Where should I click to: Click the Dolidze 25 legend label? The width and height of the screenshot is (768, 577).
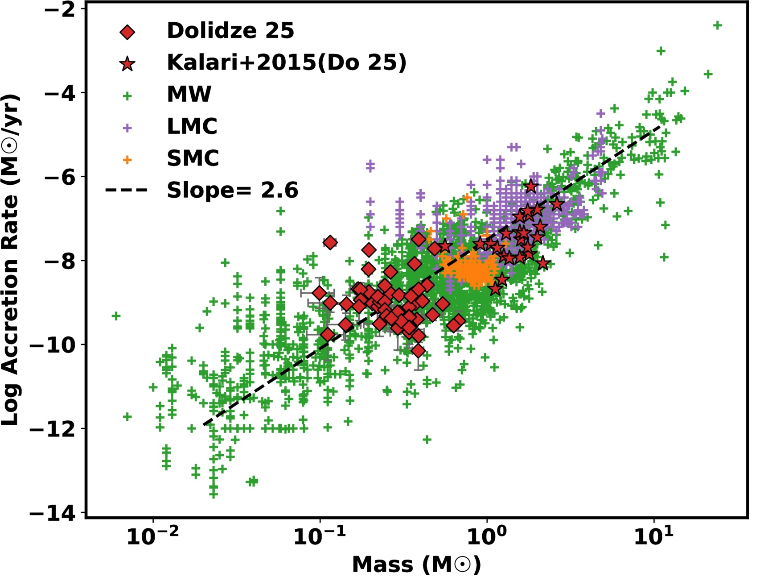click(x=230, y=31)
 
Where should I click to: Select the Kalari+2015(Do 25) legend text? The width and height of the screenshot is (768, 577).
click(x=287, y=63)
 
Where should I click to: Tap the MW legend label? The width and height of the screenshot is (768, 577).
click(x=189, y=95)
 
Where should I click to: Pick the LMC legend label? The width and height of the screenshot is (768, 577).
click(x=192, y=127)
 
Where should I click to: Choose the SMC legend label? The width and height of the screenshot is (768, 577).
click(x=193, y=158)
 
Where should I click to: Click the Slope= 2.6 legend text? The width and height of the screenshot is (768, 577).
click(x=232, y=191)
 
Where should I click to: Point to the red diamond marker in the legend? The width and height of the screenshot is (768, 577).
click(x=127, y=32)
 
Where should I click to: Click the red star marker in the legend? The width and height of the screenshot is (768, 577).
click(x=127, y=64)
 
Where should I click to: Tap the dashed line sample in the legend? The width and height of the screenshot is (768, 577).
click(x=126, y=191)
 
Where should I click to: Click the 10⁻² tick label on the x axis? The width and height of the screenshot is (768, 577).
click(x=152, y=537)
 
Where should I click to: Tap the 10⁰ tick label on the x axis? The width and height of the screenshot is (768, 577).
click(x=487, y=537)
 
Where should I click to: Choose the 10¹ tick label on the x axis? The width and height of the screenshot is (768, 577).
click(x=653, y=537)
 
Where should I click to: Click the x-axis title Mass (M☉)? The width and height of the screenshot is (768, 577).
click(x=416, y=565)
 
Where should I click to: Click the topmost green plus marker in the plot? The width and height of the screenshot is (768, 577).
click(x=717, y=26)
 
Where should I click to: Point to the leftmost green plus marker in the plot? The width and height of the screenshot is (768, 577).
click(x=116, y=316)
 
